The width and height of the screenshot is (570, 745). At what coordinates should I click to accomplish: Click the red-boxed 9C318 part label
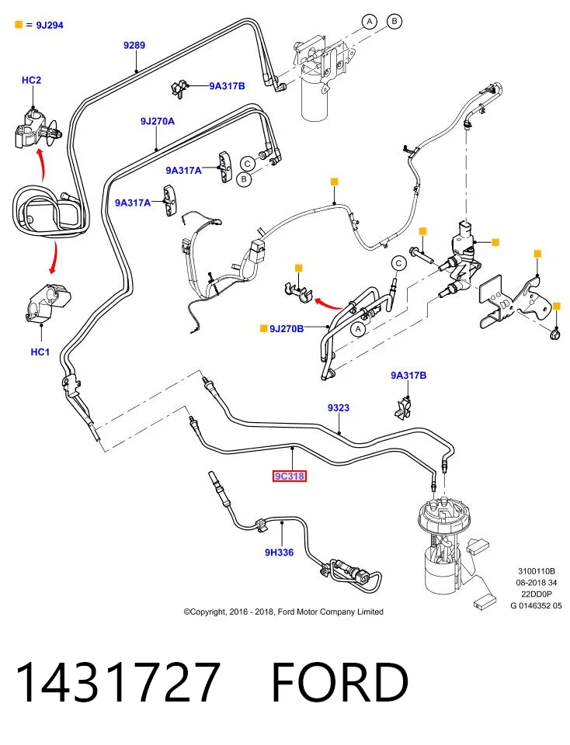point(289,476)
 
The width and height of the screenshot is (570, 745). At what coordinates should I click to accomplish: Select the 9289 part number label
point(134,45)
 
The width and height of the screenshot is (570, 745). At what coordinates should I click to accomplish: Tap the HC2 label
point(31,80)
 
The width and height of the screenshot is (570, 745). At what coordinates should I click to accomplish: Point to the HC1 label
point(40,352)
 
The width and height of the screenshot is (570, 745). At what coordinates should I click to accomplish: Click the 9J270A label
point(158,121)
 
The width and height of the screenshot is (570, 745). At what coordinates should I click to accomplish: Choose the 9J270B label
point(287,328)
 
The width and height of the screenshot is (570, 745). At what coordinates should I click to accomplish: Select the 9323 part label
point(339,407)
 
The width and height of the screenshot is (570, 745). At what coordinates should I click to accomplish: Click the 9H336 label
point(279,552)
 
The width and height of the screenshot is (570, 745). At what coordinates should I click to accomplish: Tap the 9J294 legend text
point(50,25)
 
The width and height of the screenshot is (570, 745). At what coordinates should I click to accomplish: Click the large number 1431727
point(118,682)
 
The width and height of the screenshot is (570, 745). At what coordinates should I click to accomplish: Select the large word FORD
point(339,682)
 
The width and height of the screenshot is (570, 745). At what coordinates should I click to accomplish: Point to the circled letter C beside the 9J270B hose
point(399,263)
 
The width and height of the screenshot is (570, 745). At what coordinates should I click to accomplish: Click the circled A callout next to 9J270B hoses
point(358,329)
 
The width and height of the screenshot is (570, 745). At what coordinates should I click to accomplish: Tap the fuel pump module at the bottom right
point(444,546)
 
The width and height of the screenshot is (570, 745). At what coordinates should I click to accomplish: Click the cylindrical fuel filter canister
point(315,98)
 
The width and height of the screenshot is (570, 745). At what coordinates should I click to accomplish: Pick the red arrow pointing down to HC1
point(54,258)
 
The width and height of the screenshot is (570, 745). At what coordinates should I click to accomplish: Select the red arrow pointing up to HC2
point(42,165)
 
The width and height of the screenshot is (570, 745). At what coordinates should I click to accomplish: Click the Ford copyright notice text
point(283,612)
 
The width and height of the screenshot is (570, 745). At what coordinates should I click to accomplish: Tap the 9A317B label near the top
point(228,86)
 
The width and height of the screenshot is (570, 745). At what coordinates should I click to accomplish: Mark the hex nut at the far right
point(554,335)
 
